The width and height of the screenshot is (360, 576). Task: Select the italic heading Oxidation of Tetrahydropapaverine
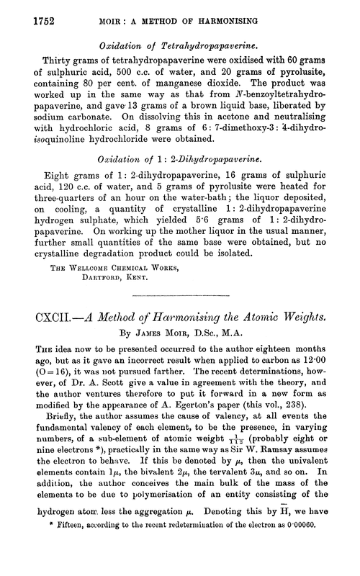pos(181,43)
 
